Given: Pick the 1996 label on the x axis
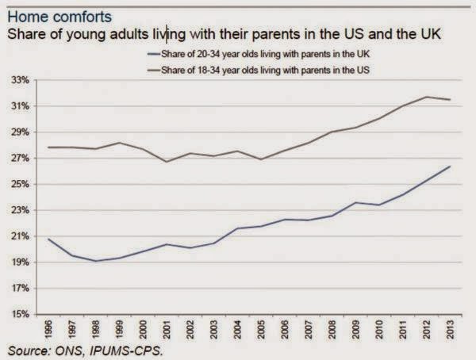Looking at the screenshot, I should (x=49, y=329).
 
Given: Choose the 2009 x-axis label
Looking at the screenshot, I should (x=358, y=329).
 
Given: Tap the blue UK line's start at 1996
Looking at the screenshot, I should (x=49, y=239).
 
